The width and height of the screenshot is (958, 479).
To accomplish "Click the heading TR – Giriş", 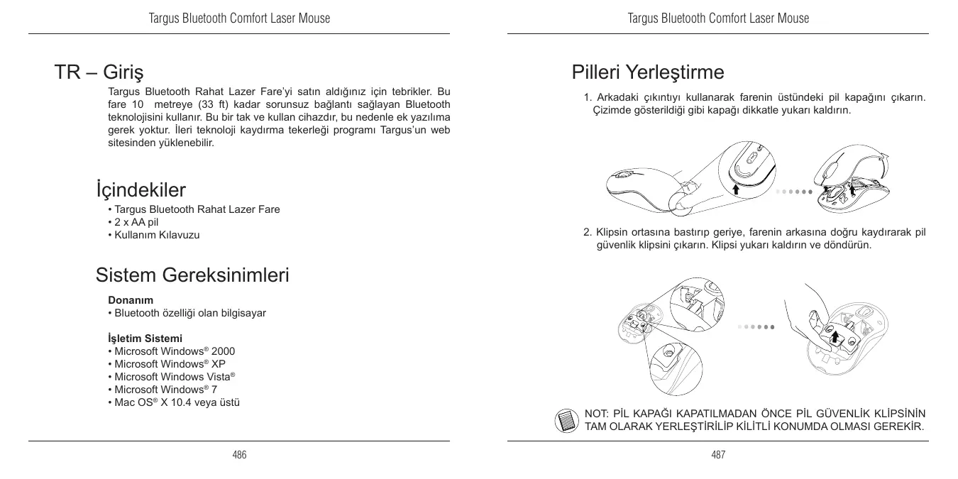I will point(99,72).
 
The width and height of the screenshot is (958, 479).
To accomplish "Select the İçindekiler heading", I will point(141,190).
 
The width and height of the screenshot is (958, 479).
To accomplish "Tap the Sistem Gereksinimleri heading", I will point(192,275).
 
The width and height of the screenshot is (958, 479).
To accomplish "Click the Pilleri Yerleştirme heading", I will point(648,72).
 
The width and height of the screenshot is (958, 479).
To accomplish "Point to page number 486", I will point(239,455).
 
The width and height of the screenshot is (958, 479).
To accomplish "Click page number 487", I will point(718,455).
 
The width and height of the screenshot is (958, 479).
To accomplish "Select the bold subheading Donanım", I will point(131,300).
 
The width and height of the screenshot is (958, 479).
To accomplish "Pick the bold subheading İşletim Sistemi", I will point(145,338).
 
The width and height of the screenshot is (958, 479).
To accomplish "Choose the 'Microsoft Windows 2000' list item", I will point(174,351).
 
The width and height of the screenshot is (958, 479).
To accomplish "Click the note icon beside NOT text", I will point(565,419).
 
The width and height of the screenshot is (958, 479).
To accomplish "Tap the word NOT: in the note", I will point(596,414).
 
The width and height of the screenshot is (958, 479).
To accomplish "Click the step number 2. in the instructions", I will point(588,232).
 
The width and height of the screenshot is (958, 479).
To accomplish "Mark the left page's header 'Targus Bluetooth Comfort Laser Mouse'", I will point(239,18).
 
